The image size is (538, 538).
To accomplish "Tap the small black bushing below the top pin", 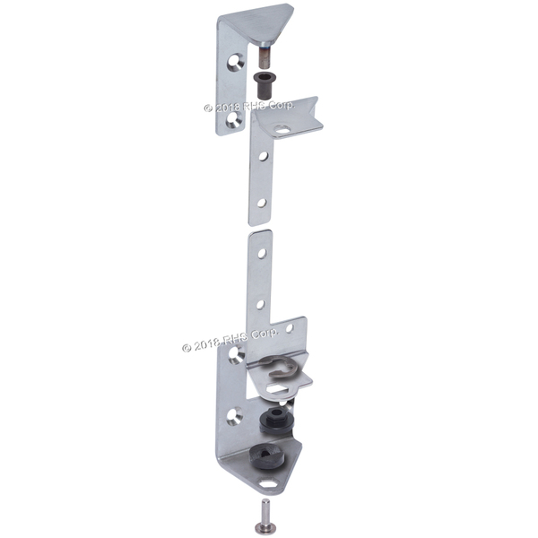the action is (262, 83).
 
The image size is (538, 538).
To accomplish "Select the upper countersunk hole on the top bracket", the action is (235, 62).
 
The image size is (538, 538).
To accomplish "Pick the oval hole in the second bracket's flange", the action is (281, 130).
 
